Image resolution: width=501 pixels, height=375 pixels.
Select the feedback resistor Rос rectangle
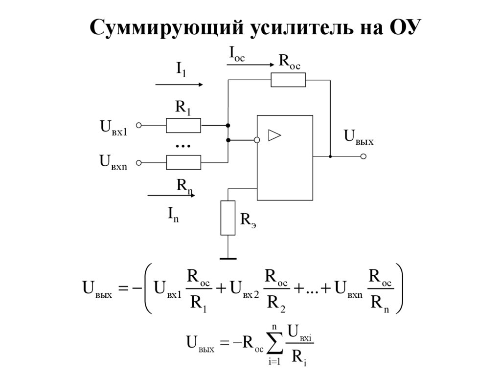coord(288,80)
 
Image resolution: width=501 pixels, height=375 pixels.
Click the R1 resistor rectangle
coord(183,126)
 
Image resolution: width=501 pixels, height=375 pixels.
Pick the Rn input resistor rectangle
coord(183,162)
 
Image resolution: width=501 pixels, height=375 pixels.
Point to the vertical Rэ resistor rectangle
coord(228,218)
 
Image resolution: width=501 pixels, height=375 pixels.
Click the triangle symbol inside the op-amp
coord(275,135)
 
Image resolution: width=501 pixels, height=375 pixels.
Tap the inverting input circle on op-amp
coord(257,140)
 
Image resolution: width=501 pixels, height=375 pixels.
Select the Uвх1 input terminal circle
coord(139,126)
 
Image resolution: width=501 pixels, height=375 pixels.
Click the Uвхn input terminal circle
coord(139,162)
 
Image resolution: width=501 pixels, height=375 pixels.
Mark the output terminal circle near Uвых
coord(363,157)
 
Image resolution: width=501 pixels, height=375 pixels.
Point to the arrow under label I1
coord(179,85)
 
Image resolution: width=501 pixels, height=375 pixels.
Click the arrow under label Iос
coord(250,65)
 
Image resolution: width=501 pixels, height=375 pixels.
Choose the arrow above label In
coord(171,196)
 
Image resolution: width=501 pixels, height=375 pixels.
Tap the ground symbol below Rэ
coord(228,258)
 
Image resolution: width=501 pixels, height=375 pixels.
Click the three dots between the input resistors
coord(182,146)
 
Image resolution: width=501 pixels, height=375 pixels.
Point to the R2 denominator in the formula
coord(275,305)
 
